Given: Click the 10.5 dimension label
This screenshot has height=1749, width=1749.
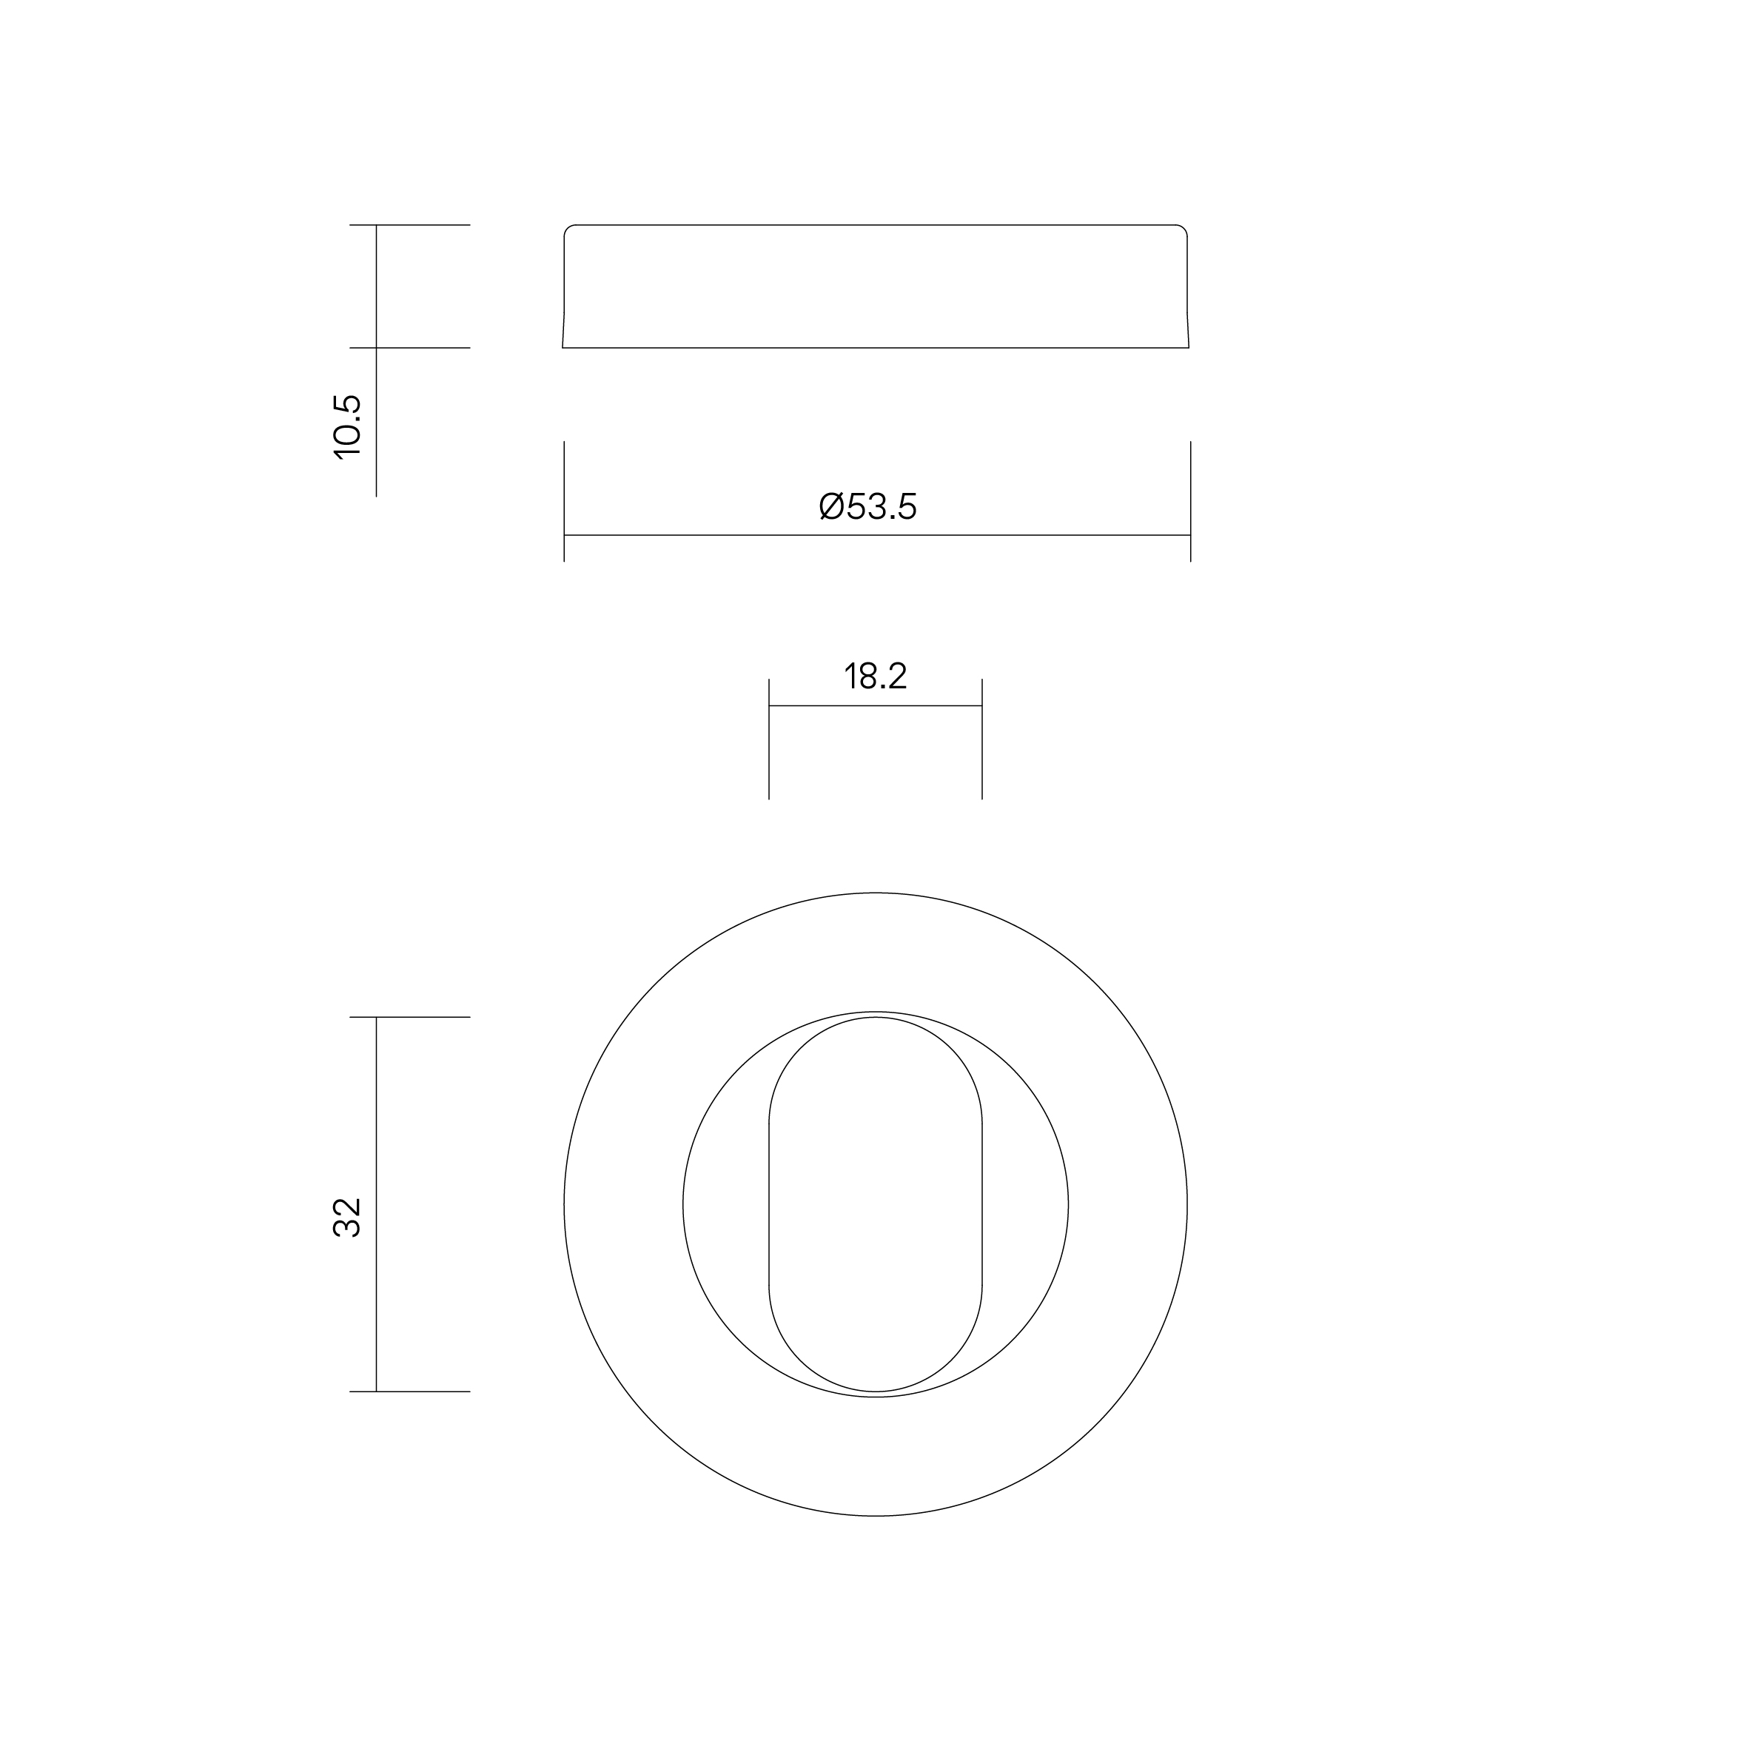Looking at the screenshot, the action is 348,427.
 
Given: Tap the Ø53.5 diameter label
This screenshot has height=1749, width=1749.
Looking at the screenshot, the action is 868,507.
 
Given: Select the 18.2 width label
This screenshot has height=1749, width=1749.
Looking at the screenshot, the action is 876,677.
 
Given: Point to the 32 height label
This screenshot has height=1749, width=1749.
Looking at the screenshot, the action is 348,1217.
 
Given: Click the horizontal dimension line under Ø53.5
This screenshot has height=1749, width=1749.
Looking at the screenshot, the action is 877,535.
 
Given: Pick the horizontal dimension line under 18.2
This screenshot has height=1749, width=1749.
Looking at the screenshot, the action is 876,705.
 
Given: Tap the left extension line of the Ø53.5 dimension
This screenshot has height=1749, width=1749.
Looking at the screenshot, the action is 564,502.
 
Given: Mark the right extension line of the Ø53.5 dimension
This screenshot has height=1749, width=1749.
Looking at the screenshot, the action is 1190,502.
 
